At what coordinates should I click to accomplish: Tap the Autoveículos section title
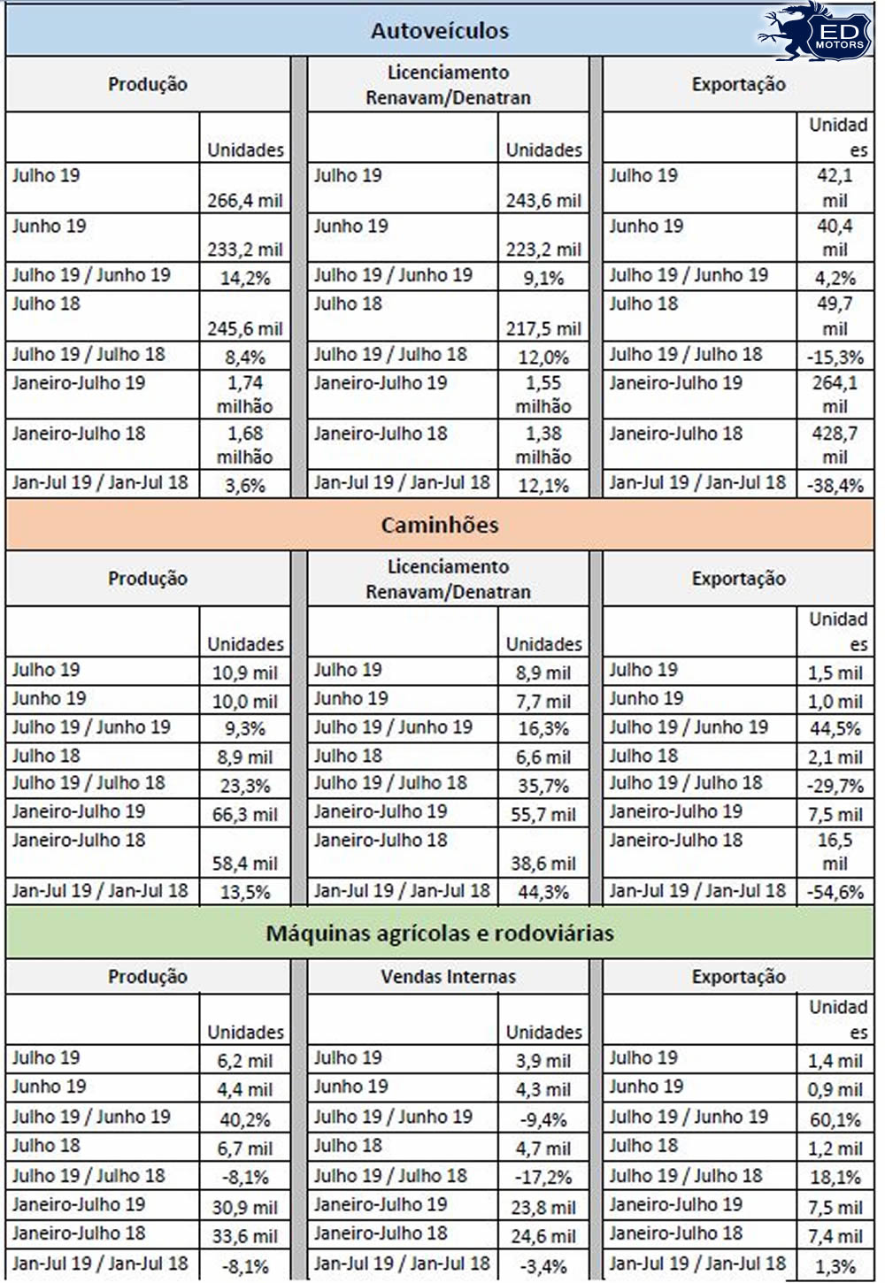pyautogui.click(x=440, y=31)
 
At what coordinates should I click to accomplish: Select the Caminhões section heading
pyautogui.click(x=440, y=525)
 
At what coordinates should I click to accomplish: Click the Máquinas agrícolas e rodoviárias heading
pyautogui.click(x=440, y=933)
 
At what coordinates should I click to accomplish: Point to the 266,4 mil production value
pyautogui.click(x=245, y=200)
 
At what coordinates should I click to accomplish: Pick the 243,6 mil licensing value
pyautogui.click(x=543, y=200)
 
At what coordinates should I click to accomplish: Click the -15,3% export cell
pyautogui.click(x=835, y=357)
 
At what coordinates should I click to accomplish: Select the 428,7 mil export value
pyautogui.click(x=835, y=445)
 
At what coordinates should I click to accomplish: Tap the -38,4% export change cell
pyautogui.click(x=835, y=485)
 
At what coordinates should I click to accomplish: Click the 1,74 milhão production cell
pyautogui.click(x=245, y=395)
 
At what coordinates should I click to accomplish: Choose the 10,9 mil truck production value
pyautogui.click(x=245, y=672)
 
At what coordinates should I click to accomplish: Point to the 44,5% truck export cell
pyautogui.click(x=835, y=729)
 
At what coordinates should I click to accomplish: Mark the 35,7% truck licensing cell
pyautogui.click(x=543, y=786)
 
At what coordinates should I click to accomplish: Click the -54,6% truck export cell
pyautogui.click(x=835, y=892)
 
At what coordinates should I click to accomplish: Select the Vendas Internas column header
pyautogui.click(x=448, y=977)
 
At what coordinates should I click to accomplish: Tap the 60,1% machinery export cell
pyautogui.click(x=835, y=1119)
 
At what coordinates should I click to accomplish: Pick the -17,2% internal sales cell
pyautogui.click(x=543, y=1178)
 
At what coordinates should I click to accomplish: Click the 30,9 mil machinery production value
pyautogui.click(x=245, y=1207)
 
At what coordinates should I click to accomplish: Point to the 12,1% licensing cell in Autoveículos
pyautogui.click(x=543, y=485)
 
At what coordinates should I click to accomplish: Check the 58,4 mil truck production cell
pyautogui.click(x=245, y=863)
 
